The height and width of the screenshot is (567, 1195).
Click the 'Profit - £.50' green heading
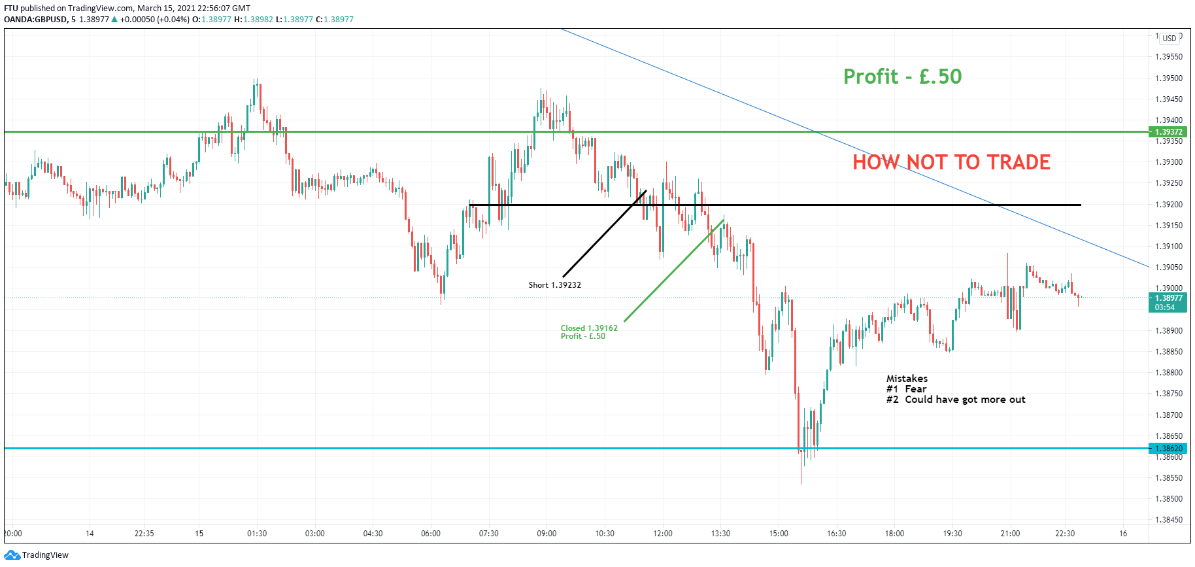click(x=902, y=77)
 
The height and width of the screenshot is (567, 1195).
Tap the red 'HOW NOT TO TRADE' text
click(x=951, y=162)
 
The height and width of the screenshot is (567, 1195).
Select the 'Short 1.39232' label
click(x=554, y=285)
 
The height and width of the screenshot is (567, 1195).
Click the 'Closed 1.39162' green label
click(x=588, y=328)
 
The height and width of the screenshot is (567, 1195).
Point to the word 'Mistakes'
click(x=907, y=379)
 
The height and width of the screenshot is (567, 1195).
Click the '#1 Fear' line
click(x=906, y=389)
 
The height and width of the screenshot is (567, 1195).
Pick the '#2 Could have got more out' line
click(x=956, y=400)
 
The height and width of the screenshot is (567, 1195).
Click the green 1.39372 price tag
click(x=1169, y=132)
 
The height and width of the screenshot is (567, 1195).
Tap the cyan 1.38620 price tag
click(x=1169, y=449)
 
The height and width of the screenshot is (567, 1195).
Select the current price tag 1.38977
click(x=1169, y=298)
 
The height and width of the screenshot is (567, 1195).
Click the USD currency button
click(x=1170, y=39)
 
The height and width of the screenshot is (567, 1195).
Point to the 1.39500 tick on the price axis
click(x=1169, y=78)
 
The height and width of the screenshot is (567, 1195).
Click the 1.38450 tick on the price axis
click(x=1169, y=520)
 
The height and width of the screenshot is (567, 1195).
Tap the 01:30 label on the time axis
click(x=257, y=534)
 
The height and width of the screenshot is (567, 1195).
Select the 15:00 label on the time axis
click(x=779, y=534)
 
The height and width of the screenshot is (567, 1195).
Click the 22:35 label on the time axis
click(x=144, y=534)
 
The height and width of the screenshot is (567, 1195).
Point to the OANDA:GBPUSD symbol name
click(x=35, y=20)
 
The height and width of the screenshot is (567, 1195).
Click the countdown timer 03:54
click(x=1165, y=307)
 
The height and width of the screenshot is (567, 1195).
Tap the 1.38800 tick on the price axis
click(x=1169, y=373)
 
